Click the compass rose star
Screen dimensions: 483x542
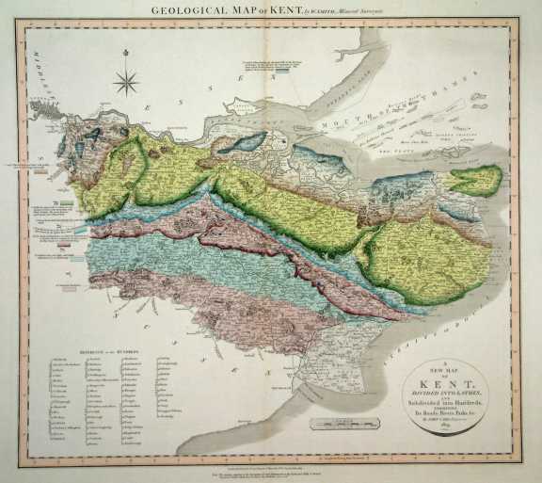(126, 82)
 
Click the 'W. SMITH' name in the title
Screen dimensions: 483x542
(321, 11)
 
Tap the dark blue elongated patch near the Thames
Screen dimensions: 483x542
(247, 141)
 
